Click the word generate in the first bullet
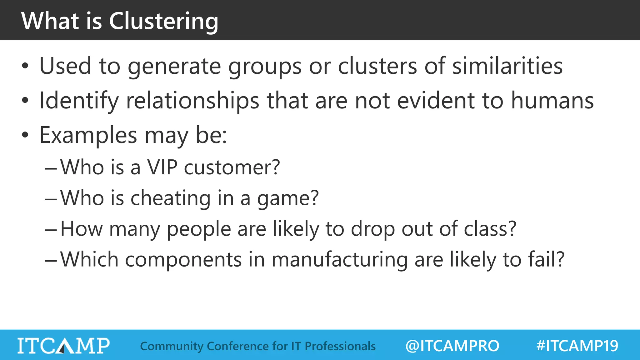174,66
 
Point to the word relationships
192,101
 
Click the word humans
552,101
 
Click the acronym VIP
162,167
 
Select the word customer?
232,167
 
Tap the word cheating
170,198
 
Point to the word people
198,229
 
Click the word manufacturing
339,260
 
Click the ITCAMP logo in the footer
63,346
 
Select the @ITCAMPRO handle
452,346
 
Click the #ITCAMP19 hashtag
577,346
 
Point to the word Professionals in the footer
340,346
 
